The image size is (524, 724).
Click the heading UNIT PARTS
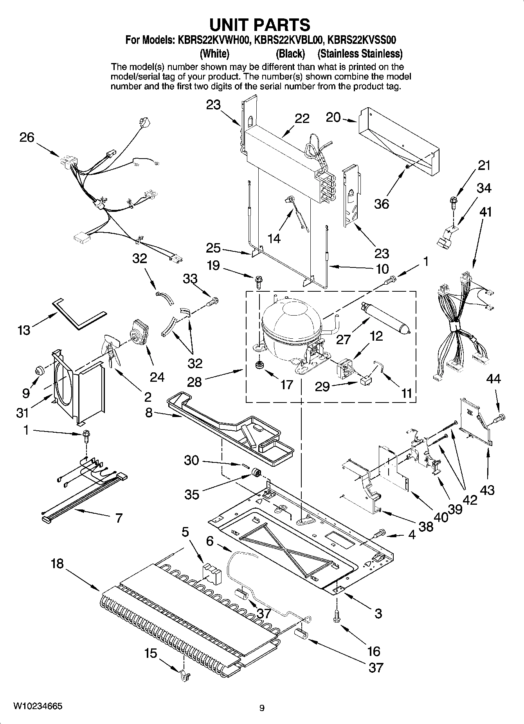[260, 24]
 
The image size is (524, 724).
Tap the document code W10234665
[38, 706]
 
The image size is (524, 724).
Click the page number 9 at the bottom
[262, 708]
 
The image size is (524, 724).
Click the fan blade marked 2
[111, 349]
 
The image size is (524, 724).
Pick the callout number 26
[27, 137]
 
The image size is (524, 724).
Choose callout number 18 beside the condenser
[57, 564]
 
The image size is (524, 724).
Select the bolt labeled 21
[453, 204]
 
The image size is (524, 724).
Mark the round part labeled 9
[40, 370]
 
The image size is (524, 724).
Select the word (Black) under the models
[290, 53]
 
